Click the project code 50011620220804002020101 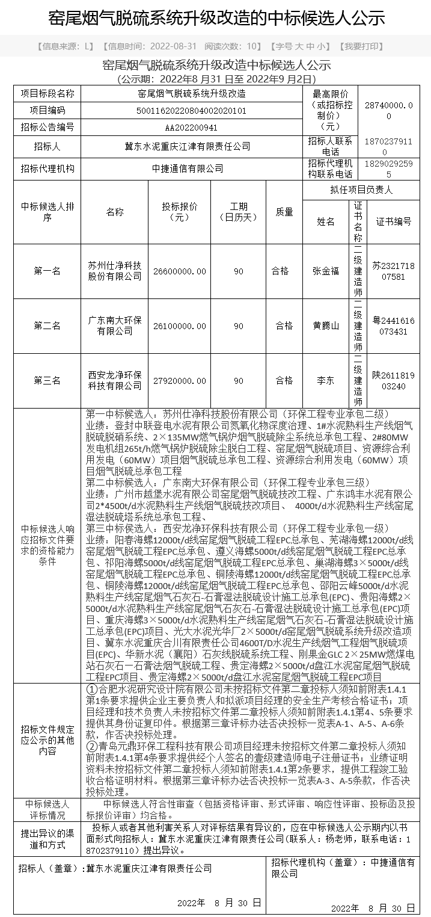coord(191,110)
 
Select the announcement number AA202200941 coord(191,127)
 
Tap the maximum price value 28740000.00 coord(393,111)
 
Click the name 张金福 coord(326,271)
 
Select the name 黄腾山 coord(326,326)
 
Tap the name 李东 coord(326,380)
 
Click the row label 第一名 coord(47,271)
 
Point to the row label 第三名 coord(47,380)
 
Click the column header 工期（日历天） coord(239,212)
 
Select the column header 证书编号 coord(393,221)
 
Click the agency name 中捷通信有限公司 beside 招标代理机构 coord(191,169)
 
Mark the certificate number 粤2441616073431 coord(393,326)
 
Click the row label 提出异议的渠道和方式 coord(47,839)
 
